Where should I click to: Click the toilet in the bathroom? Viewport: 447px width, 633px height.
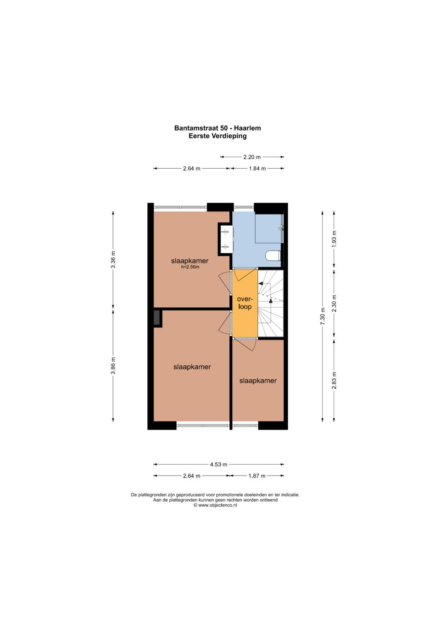coord(273,255)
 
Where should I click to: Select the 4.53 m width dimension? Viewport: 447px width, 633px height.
coord(219,464)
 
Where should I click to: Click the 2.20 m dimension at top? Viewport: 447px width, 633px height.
coord(252,157)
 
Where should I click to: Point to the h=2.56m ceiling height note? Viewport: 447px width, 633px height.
coord(190,267)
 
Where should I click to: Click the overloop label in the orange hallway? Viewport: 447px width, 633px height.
coord(245,303)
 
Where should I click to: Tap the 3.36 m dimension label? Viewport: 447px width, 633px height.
coord(113,260)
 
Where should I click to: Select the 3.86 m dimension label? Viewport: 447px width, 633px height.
coord(113,366)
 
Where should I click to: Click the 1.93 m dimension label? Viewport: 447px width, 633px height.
coord(334,239)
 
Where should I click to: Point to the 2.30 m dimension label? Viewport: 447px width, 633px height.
coord(334,303)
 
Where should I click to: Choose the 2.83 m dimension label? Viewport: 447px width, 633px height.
coord(334,380)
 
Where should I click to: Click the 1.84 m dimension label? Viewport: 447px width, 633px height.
coord(257,169)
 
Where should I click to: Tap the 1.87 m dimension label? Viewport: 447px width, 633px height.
coord(257,476)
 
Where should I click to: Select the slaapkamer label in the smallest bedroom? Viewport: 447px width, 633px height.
coord(258,381)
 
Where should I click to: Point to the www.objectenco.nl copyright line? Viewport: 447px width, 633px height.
coord(215,505)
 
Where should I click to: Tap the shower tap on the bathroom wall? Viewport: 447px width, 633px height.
coord(281,228)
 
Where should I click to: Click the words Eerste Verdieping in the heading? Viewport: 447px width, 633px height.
coord(218,136)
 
